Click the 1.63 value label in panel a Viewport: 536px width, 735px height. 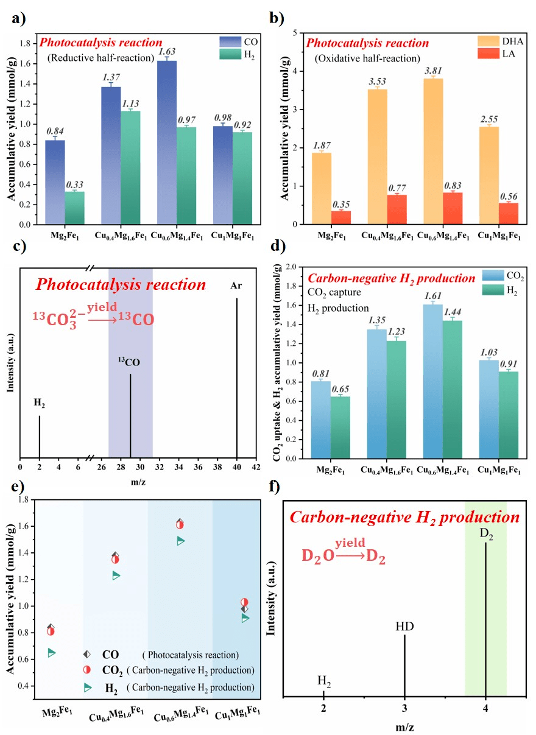[x=167, y=52]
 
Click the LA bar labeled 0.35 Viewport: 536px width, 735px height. [x=341, y=217]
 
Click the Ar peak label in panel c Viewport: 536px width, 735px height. [x=236, y=285]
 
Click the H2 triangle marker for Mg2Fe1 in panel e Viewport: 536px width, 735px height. [x=51, y=653]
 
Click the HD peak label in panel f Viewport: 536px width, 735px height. [x=404, y=626]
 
